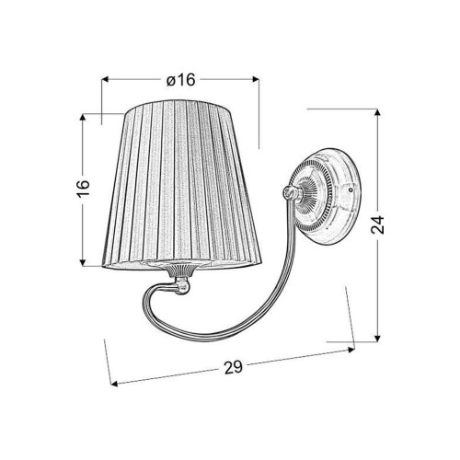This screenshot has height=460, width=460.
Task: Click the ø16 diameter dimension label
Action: (180, 80)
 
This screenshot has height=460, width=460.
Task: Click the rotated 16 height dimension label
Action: (84, 188)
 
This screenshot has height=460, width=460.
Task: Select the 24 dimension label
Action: (377, 224)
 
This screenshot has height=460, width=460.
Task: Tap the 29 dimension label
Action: (234, 367)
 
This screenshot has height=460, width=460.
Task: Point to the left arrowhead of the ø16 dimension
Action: (105, 79)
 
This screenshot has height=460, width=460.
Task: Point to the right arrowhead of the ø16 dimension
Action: (256, 79)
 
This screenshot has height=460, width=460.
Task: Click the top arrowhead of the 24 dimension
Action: (377, 112)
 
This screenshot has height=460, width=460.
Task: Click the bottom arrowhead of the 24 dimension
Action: (377, 338)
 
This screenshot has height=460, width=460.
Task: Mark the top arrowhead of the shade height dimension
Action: (83, 118)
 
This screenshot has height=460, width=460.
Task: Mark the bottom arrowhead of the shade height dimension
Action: (83, 262)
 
